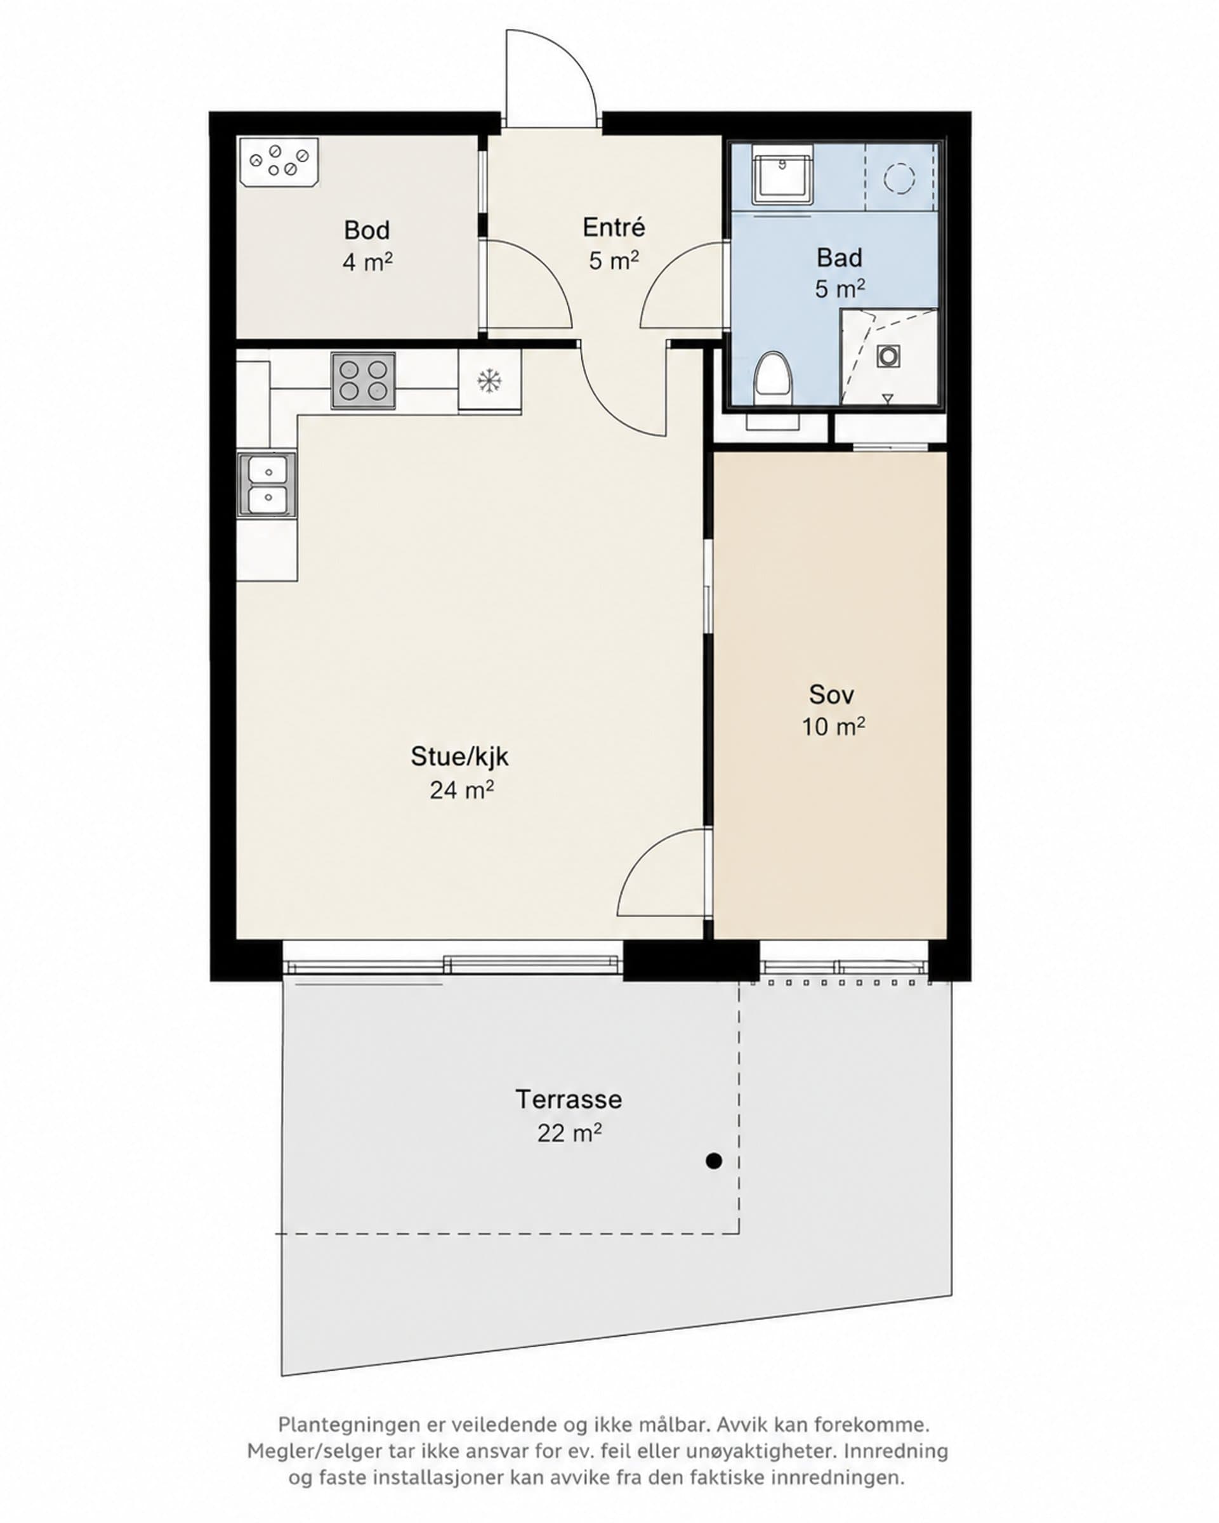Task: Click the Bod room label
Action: (367, 230)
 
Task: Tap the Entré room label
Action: (614, 227)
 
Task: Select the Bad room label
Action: (839, 258)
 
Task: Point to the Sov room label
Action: (831, 694)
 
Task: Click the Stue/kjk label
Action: (460, 757)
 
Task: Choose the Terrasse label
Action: (569, 1100)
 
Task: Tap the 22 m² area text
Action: (569, 1133)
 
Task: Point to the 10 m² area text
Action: (833, 726)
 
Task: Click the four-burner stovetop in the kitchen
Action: (363, 381)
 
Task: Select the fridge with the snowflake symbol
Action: (489, 381)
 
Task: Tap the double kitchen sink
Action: (267, 485)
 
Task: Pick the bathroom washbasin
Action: (782, 174)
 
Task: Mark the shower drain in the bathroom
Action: (888, 356)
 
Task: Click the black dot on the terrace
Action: (714, 1161)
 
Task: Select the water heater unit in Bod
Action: (279, 162)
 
